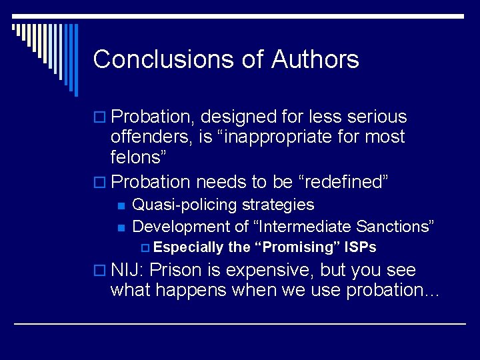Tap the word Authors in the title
315,59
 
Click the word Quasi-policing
185,205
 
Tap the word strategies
278,205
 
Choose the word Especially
188,247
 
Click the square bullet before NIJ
99,271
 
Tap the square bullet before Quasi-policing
121,205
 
